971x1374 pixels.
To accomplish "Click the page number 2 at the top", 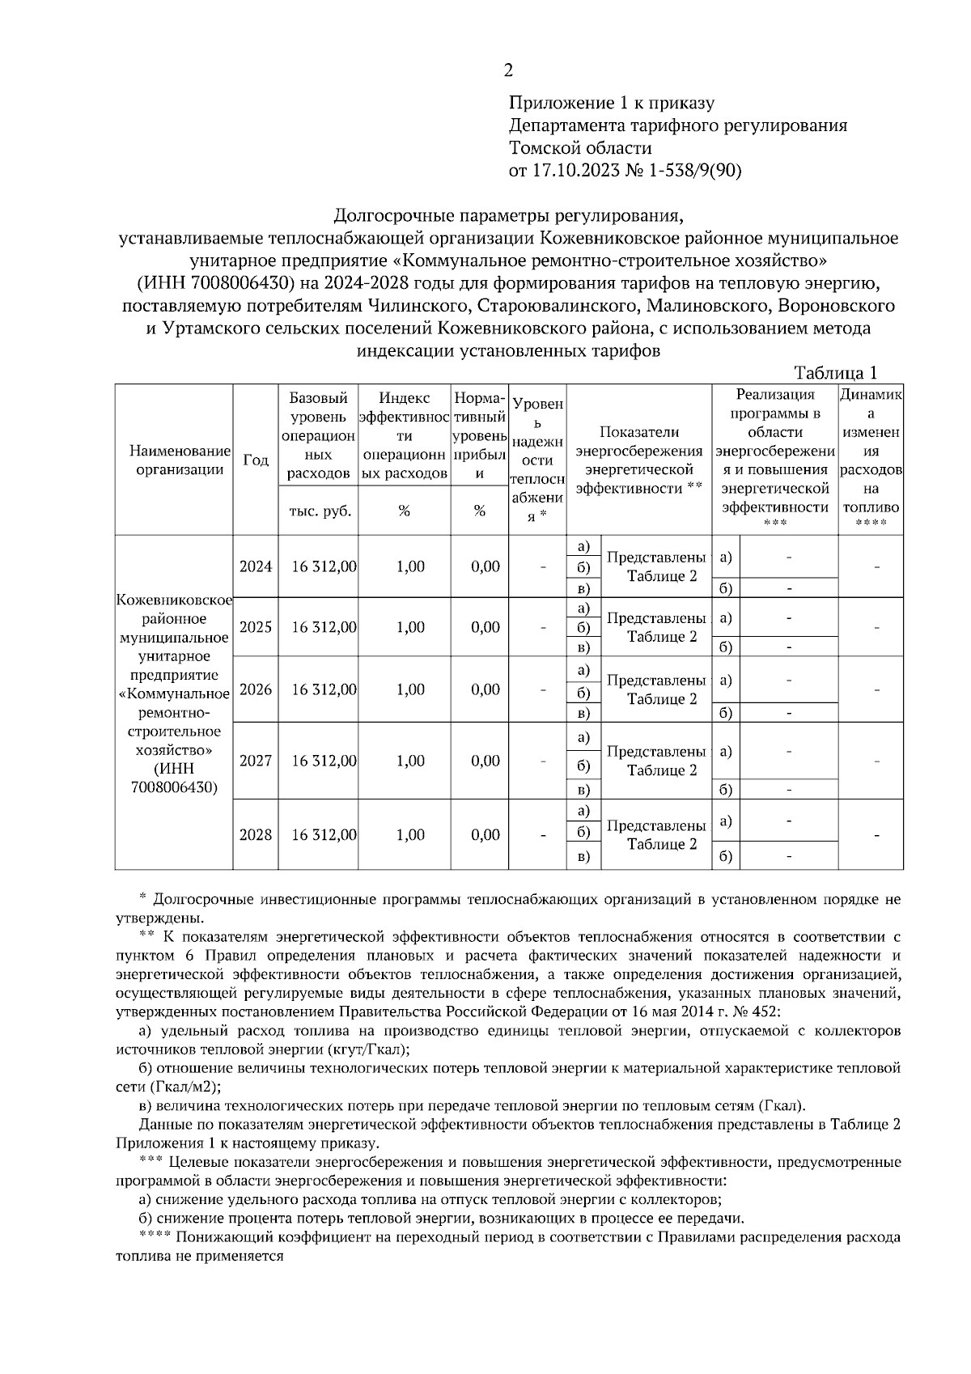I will click(x=508, y=71).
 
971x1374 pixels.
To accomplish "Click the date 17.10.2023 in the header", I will click(x=575, y=171).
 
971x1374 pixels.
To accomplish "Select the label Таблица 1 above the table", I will click(x=836, y=373).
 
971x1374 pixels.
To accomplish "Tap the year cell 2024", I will click(x=256, y=566).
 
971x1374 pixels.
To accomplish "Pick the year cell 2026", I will click(x=256, y=689).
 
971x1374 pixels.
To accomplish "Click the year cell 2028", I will click(x=256, y=834).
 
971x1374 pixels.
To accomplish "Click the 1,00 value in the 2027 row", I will click(x=410, y=761).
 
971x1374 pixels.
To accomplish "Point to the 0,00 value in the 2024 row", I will click(x=485, y=566).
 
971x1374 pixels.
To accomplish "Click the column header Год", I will click(x=256, y=460).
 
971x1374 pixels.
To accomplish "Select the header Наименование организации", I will click(x=174, y=460).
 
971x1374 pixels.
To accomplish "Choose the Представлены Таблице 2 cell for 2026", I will click(x=656, y=689).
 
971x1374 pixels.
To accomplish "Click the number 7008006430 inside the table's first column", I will click(x=174, y=787).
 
